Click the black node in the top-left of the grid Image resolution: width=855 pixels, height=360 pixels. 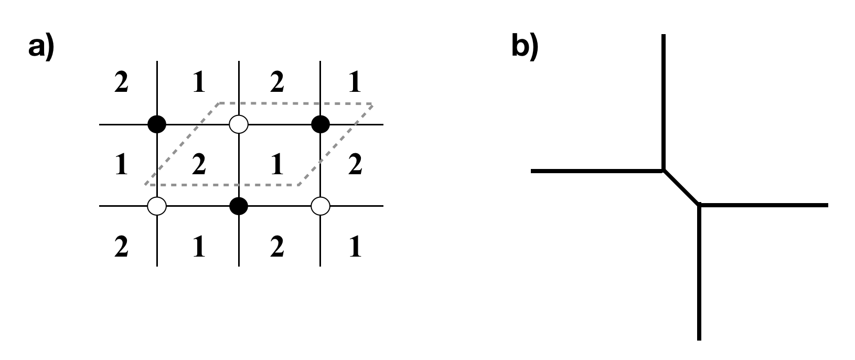tap(157, 124)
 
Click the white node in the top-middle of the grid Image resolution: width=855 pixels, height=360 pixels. tap(239, 124)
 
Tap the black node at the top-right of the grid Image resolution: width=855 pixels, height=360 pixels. tap(320, 124)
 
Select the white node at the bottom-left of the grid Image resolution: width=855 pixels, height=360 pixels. tap(157, 206)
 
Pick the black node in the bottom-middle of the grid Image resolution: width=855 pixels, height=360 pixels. tap(239, 206)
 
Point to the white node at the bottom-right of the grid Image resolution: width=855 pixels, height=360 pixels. tap(320, 206)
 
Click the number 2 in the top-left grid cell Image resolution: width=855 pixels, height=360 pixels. tap(121, 84)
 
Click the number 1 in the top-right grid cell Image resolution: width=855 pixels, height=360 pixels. tap(355, 84)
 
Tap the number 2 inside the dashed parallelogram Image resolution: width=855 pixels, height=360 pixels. tap(198, 165)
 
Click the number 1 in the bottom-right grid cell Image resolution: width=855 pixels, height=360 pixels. tap(355, 247)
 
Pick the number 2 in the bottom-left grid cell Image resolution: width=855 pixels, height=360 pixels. tap(121, 247)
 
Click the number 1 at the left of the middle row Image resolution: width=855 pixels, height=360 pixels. tap(121, 165)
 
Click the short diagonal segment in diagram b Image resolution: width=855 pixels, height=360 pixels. tap(681, 187)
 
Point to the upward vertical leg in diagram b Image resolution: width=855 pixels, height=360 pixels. tap(664, 100)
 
